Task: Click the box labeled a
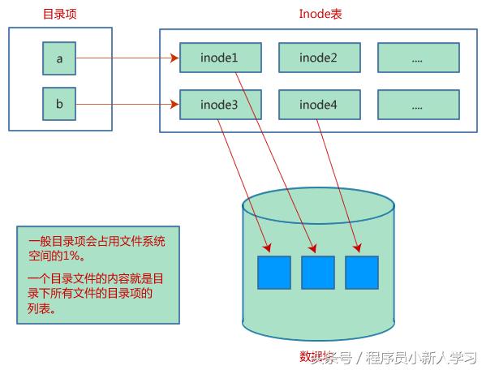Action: (x=59, y=58)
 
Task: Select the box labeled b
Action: (x=59, y=105)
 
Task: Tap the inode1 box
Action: (x=219, y=58)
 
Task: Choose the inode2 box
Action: (x=318, y=58)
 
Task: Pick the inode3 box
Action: (x=219, y=105)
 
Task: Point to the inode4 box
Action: (x=318, y=105)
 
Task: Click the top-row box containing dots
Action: (x=418, y=58)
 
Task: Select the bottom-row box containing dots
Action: (x=418, y=105)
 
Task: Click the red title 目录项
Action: (x=60, y=14)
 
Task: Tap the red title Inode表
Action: (x=320, y=14)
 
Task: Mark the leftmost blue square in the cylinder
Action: (x=273, y=273)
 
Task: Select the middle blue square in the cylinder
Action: (x=317, y=273)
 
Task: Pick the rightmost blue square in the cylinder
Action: (x=361, y=273)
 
